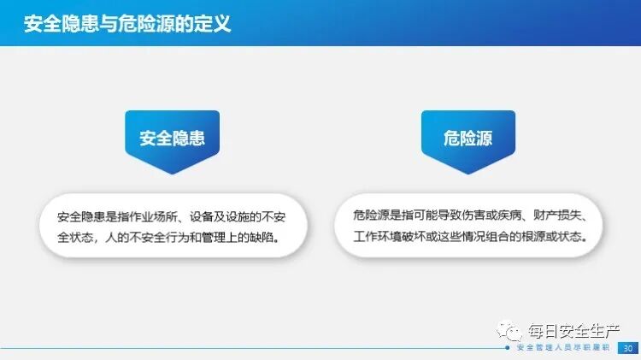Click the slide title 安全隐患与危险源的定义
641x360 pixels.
pos(127,22)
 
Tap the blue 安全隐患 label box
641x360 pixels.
pos(173,139)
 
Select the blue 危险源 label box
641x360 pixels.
pos(468,139)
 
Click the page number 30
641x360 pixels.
pos(628,348)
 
